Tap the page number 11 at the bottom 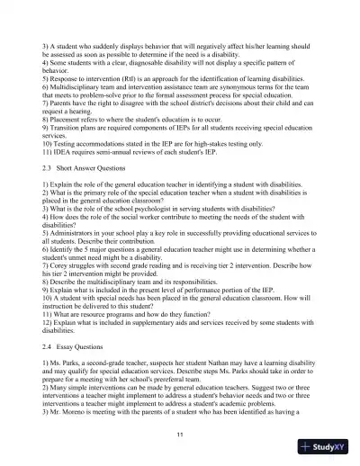(x=180, y=434)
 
